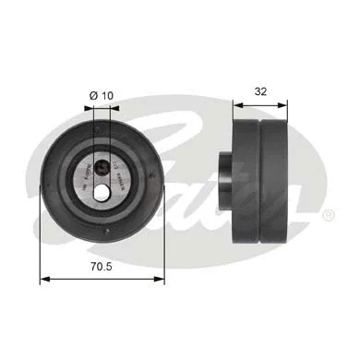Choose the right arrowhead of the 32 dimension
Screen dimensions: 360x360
[292, 104]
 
